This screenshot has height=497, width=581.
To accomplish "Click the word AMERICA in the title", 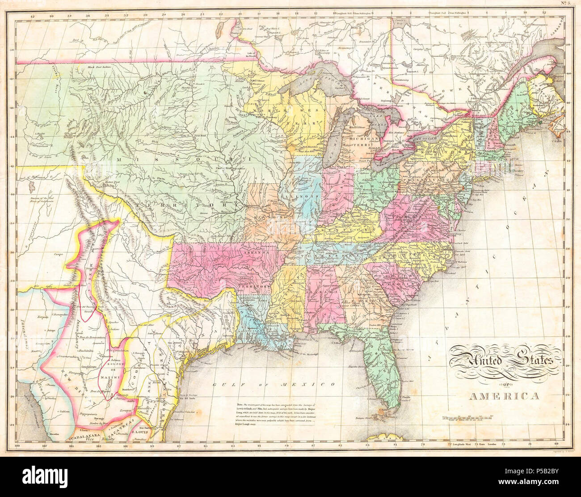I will click(x=504, y=395).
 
